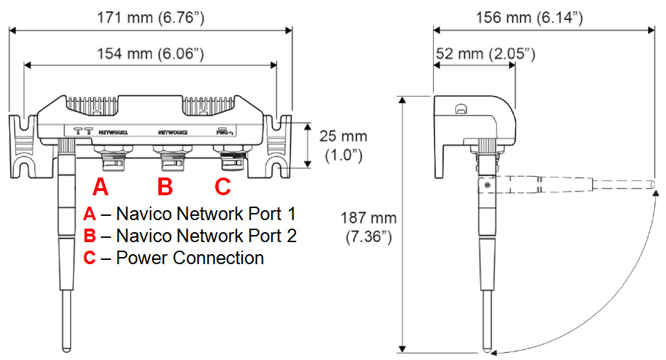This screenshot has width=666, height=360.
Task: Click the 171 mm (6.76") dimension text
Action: point(150,18)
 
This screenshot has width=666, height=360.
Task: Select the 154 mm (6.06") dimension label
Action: point(150,53)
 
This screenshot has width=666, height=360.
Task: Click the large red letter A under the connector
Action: point(102,187)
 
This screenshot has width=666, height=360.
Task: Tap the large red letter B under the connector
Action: point(165,187)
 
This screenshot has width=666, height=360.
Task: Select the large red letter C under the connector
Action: point(223,187)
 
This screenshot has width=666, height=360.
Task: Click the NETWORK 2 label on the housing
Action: point(173,132)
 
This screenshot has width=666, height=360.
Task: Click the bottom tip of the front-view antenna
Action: point(67,349)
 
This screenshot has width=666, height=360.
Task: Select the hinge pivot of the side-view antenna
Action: point(488,185)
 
